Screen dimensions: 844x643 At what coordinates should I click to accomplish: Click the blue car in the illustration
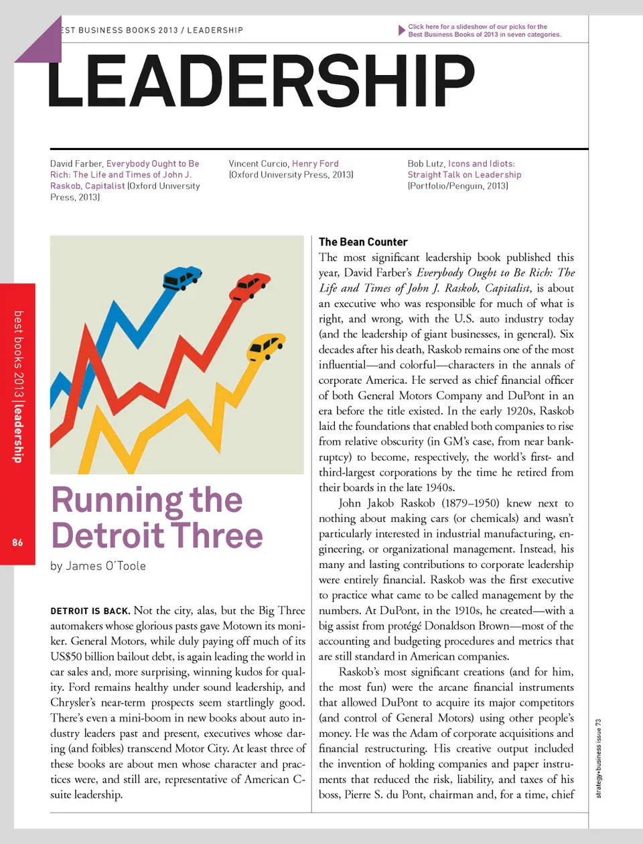tap(182, 277)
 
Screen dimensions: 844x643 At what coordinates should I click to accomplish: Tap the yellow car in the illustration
tap(265, 347)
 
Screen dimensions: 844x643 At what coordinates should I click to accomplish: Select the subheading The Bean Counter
tap(363, 242)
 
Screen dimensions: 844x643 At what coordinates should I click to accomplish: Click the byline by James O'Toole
tap(98, 566)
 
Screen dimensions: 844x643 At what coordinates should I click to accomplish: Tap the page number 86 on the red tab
tap(17, 542)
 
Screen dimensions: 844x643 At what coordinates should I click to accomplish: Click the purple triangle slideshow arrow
tap(401, 31)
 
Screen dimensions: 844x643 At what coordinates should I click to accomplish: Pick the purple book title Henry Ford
tap(315, 163)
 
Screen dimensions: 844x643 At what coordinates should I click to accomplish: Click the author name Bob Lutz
tap(426, 163)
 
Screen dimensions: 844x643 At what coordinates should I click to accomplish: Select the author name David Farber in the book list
tap(76, 163)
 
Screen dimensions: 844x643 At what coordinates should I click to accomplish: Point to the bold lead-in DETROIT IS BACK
tap(90, 611)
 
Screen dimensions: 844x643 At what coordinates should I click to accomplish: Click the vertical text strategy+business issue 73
tap(599, 758)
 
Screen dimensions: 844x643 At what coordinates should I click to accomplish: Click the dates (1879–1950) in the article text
tap(471, 503)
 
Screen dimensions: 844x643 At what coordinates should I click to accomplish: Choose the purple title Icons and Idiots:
tap(481, 163)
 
